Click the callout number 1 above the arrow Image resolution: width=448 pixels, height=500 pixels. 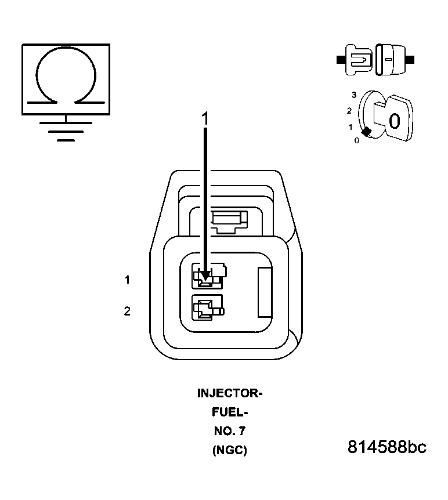pos(204,118)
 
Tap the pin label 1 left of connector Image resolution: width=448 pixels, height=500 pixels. pos(127,280)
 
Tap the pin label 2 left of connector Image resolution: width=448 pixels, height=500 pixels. pos(127,311)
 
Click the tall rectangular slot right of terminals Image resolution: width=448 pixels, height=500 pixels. pos(265,292)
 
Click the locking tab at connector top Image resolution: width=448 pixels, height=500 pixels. pos(229,219)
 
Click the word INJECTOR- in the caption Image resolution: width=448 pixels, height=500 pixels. pos(230,393)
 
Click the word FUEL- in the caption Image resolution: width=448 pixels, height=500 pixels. pos(230,412)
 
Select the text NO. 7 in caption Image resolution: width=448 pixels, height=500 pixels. pos(230,431)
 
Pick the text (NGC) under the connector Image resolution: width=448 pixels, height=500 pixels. pos(230,450)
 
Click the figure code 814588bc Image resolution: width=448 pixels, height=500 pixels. pos(387,448)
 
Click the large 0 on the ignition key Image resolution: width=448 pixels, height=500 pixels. pos(394,121)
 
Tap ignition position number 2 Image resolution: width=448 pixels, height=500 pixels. pos(349,111)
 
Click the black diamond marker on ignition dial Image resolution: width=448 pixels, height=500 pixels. pos(366,132)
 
